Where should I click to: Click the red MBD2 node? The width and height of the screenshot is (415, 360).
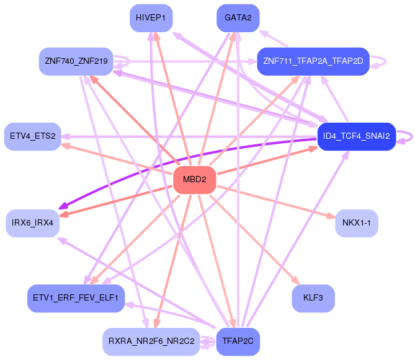(x=195, y=180)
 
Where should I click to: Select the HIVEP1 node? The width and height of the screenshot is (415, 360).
(x=151, y=18)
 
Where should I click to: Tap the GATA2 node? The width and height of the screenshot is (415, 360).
(x=238, y=18)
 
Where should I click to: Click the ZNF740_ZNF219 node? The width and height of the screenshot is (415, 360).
(x=76, y=61)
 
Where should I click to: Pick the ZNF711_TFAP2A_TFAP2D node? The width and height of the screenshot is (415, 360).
(x=313, y=61)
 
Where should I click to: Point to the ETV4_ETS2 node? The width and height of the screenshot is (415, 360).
(x=32, y=136)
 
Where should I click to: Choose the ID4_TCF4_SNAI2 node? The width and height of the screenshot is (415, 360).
(x=357, y=136)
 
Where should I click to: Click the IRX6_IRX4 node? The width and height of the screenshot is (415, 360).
(x=32, y=223)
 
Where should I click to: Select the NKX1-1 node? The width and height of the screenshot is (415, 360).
(x=357, y=223)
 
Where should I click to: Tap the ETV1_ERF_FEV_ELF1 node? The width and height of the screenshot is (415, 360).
(x=76, y=298)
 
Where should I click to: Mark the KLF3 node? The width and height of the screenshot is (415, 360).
(x=313, y=298)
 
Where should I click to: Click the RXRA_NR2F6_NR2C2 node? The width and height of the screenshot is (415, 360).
(x=151, y=341)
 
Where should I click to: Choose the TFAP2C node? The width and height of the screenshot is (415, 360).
(x=238, y=341)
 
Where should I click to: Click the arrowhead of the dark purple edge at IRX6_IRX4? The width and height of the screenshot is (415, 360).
(x=63, y=206)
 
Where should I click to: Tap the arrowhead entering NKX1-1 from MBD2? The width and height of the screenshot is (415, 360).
(x=331, y=216)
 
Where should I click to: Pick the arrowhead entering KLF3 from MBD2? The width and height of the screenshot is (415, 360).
(x=296, y=280)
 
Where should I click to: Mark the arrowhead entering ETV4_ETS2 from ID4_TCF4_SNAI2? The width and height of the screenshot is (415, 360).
(x=65, y=137)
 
